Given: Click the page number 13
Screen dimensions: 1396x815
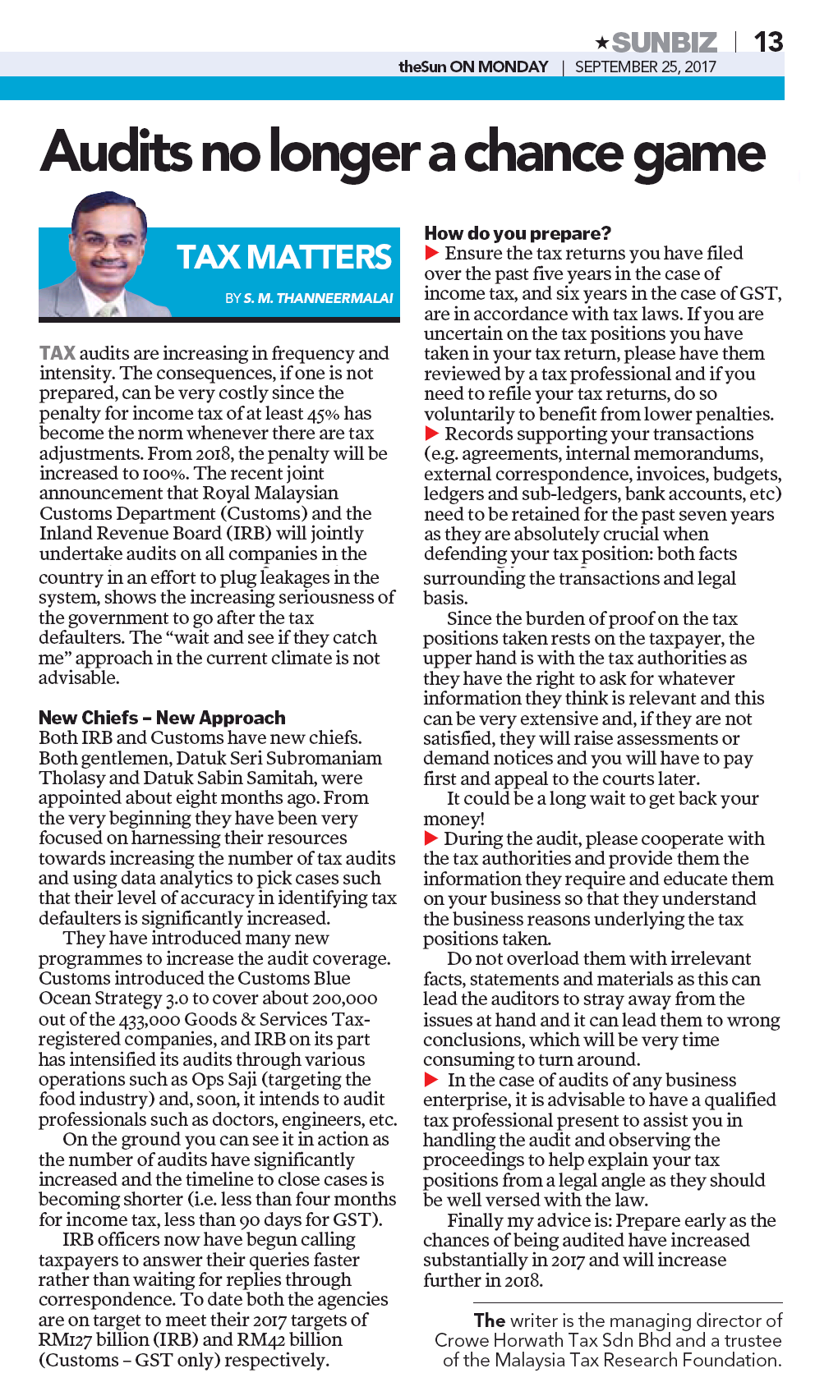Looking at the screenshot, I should click(x=768, y=41).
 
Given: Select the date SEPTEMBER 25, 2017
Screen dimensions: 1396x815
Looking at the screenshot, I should click(x=645, y=67).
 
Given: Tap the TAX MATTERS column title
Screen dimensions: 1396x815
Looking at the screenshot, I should click(x=283, y=257).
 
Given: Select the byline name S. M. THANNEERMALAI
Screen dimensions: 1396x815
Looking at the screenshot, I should click(x=318, y=298).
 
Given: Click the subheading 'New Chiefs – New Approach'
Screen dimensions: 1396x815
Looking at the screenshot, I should click(x=162, y=718).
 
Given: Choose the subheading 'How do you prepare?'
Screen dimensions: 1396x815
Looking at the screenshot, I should click(x=518, y=233).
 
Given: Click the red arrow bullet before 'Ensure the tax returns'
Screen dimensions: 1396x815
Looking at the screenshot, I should click(x=431, y=253).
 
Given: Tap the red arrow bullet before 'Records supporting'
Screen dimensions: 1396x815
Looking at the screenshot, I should click(x=431, y=434).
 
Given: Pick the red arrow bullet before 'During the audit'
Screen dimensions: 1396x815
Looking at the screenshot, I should click(x=431, y=838).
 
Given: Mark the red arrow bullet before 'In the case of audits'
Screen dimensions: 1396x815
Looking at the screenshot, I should click(x=431, y=1080).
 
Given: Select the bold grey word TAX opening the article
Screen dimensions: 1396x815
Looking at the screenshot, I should click(x=58, y=353).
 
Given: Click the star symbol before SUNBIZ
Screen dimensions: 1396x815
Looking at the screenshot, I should click(x=601, y=42).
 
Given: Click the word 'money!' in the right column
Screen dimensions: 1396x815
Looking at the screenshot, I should click(x=454, y=819).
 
